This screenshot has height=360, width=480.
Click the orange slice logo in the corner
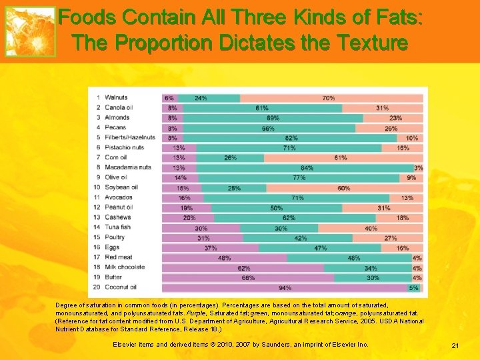pyautogui.click(x=30, y=31)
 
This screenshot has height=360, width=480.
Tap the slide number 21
pyautogui.click(x=455, y=345)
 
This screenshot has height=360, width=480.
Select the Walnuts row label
pyautogui.click(x=116, y=98)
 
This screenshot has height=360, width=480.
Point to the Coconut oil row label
pyautogui.click(x=121, y=287)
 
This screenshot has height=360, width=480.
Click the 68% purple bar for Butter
pyautogui.click(x=247, y=277)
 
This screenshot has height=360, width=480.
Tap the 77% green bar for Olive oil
pyautogui.click(x=299, y=178)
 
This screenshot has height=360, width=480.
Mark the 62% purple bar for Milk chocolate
pyautogui.click(x=243, y=267)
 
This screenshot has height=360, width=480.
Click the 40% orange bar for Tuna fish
pyautogui.click(x=371, y=228)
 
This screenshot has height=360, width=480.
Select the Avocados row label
pyautogui.click(x=119, y=197)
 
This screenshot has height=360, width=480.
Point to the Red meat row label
pyautogui.click(x=119, y=257)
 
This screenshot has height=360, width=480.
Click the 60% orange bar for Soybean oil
pyautogui.click(x=344, y=188)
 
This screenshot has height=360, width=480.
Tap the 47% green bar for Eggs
pyautogui.click(x=320, y=247)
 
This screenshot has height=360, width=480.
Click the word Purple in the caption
pyautogui.click(x=196, y=312)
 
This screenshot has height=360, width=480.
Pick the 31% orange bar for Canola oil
pyautogui.click(x=382, y=108)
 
